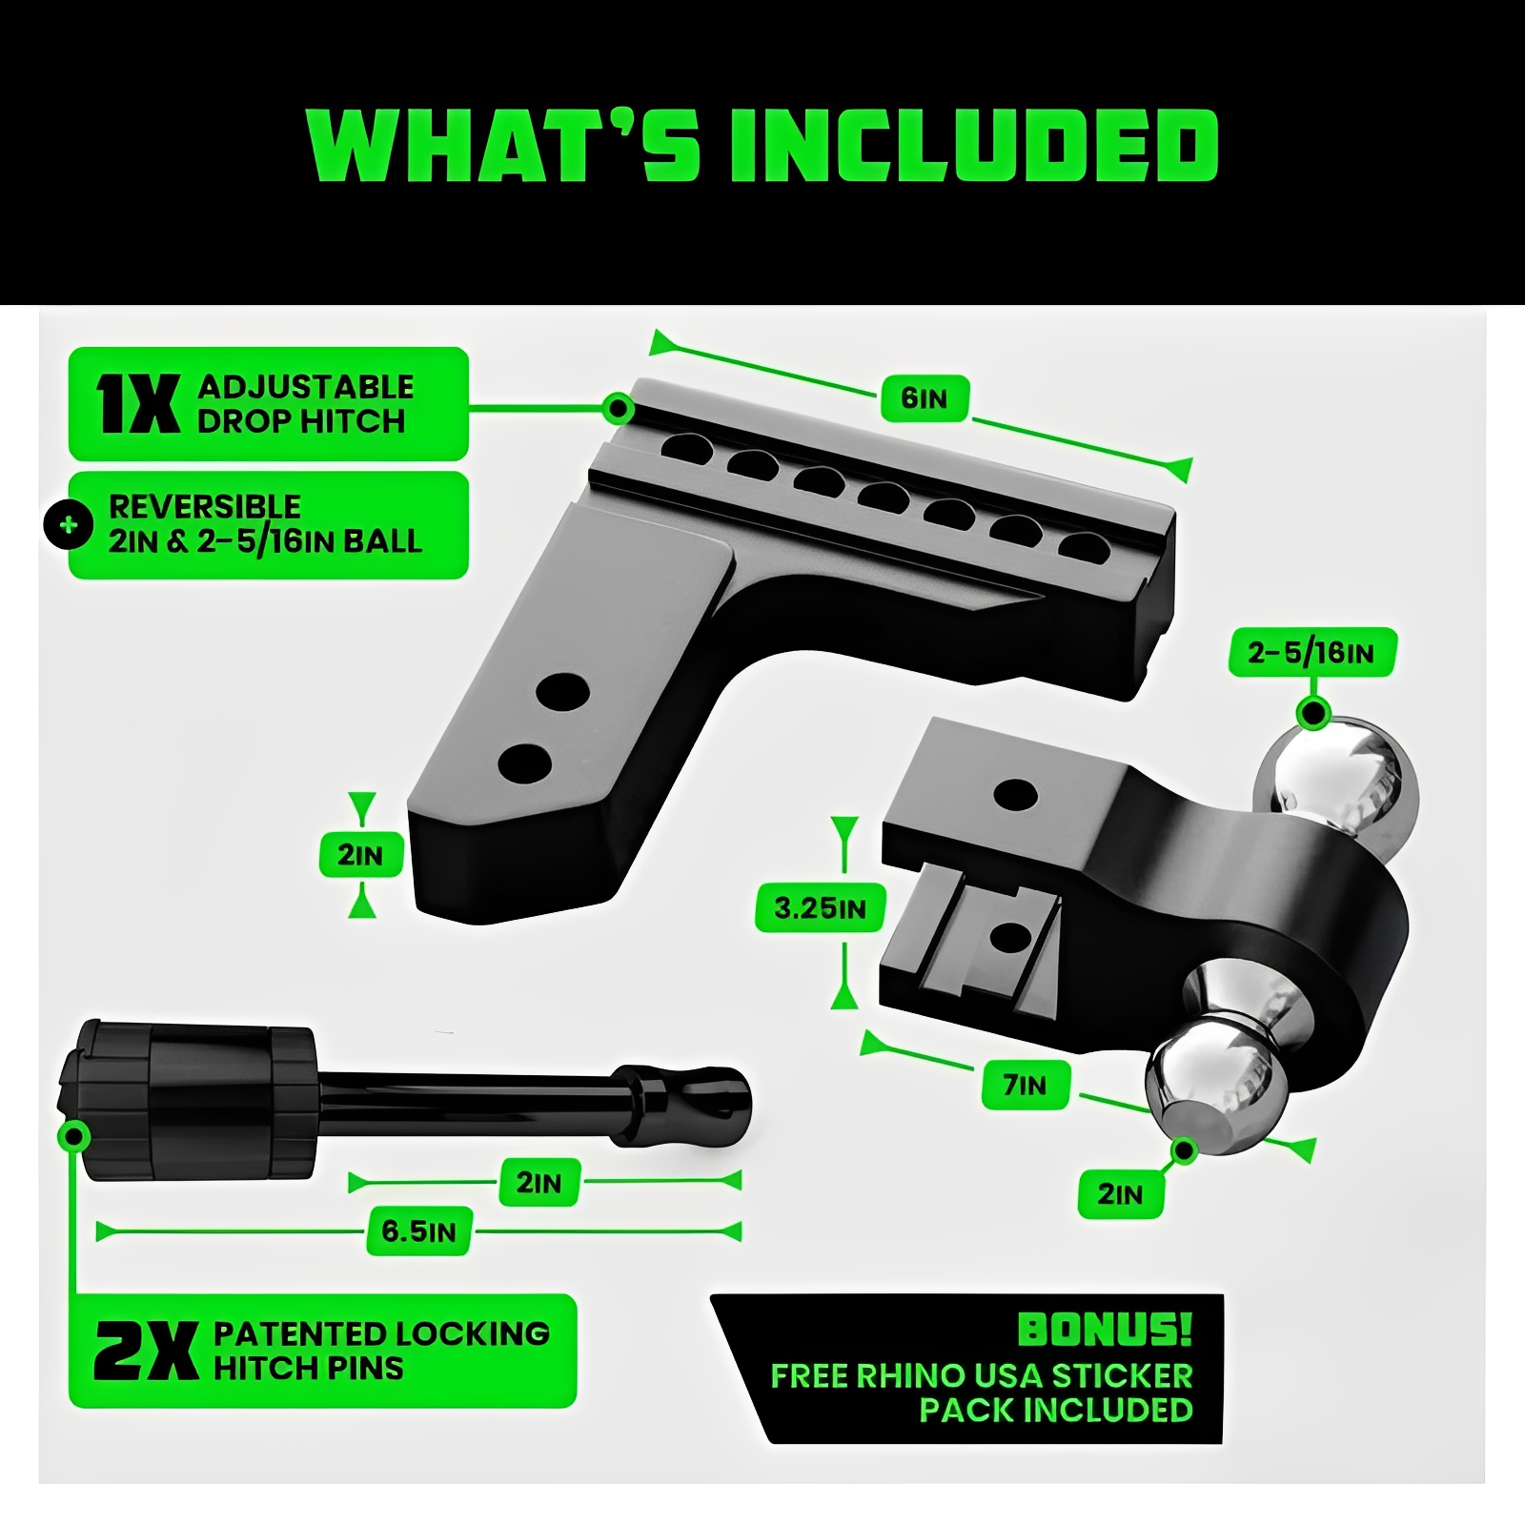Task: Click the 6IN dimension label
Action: pos(924,397)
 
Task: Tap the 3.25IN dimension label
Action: pos(821,907)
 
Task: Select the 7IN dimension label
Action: pos(1025,1085)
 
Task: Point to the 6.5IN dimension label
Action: pos(419,1230)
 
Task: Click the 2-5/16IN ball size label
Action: pos(1311,653)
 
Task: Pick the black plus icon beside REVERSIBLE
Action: pos(69,525)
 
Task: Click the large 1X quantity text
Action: pos(137,404)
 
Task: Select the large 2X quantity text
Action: pos(146,1351)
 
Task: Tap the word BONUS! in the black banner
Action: pos(1105,1330)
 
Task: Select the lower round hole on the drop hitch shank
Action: pos(525,762)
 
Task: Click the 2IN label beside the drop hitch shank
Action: pos(359,855)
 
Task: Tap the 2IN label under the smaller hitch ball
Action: pos(1121,1193)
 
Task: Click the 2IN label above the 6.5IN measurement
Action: pos(539,1183)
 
